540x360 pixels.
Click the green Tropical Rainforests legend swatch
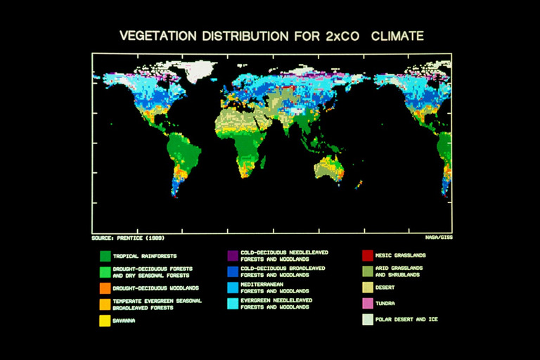tap(105, 256)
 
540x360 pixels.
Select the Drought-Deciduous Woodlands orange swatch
tap(105, 288)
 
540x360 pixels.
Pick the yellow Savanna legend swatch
tap(105, 321)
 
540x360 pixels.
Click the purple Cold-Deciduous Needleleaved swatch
tap(232, 255)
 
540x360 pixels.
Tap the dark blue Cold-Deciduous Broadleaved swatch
tap(232, 271)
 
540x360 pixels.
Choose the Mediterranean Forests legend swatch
tap(232, 288)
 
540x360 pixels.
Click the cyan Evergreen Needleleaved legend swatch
tap(232, 304)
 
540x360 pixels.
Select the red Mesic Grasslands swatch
tap(367, 255)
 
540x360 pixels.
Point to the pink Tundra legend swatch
tap(367, 304)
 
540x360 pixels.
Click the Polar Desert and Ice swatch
tap(367, 320)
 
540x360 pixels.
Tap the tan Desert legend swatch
tap(367, 288)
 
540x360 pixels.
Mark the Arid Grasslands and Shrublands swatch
tap(367, 271)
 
